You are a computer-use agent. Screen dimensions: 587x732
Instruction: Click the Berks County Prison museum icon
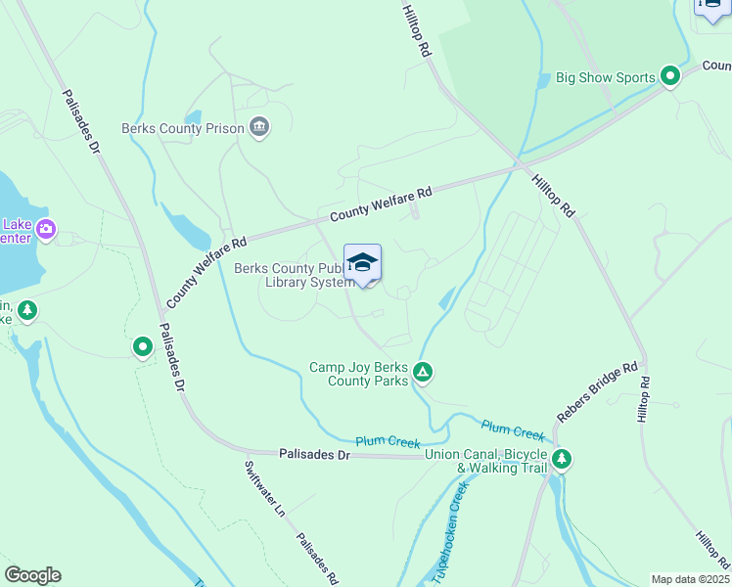point(259,126)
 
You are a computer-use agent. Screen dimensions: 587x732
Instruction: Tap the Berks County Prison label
point(182,127)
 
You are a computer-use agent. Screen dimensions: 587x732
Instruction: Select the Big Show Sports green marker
point(670,76)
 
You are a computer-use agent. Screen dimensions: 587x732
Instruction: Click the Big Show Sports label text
point(606,77)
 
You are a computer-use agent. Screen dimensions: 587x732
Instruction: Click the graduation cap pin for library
point(362,262)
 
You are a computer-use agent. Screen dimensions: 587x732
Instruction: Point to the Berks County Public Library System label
point(293,276)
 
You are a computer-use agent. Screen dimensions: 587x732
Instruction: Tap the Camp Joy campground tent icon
point(423,372)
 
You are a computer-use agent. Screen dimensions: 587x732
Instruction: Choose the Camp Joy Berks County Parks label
point(358,374)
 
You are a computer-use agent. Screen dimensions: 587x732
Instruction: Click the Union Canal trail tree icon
point(562,458)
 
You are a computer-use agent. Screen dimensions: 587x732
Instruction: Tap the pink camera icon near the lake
point(46,231)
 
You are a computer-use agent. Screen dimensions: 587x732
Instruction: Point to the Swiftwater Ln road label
point(263,489)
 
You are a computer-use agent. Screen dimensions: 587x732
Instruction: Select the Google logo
point(32,575)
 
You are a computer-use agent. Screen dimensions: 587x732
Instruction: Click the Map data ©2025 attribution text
point(689,579)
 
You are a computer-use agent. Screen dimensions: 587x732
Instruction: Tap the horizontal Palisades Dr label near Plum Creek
point(314,455)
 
